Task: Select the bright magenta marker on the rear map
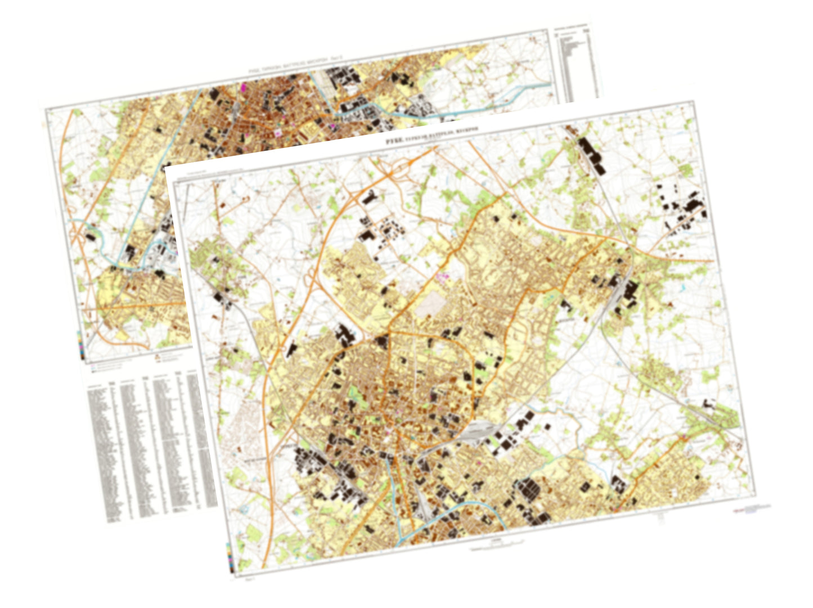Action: coord(244,87)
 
